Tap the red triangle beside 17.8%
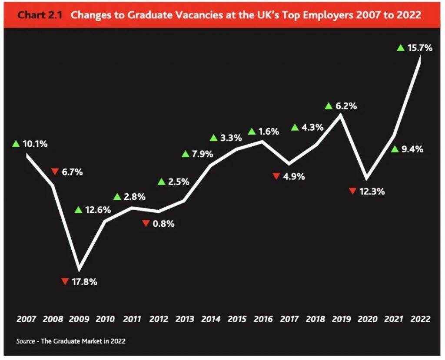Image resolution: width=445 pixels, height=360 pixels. tap(65, 281)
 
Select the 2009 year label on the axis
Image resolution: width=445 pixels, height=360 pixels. tap(79, 319)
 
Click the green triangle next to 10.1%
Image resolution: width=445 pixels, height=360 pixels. tap(16, 144)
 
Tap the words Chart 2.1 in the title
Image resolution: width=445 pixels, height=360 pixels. tap(40, 15)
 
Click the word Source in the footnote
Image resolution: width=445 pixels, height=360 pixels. tap(26, 341)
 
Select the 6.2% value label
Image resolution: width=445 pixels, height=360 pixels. tap(346, 106)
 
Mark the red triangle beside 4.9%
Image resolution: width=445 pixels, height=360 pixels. tap(276, 176)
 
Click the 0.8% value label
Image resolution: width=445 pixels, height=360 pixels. tap(164, 224)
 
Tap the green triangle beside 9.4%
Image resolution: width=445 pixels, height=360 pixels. tap(395, 149)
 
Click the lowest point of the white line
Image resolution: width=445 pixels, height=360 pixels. tap(79, 269)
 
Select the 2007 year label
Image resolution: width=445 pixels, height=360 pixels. tap(27, 319)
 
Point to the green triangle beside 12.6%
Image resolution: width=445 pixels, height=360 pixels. tap(78, 210)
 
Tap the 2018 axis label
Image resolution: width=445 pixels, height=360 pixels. tap(315, 319)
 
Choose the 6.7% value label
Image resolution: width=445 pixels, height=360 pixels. tap(72, 172)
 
